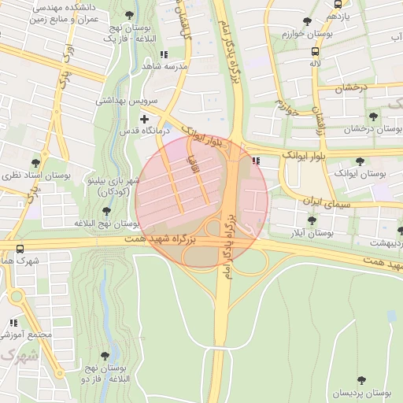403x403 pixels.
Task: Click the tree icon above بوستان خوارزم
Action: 307,21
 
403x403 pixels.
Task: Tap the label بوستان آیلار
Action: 309,233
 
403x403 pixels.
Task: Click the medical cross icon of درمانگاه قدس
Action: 144,118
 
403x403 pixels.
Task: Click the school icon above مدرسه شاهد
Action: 163,54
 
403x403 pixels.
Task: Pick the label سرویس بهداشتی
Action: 127,101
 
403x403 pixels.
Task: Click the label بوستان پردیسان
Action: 361,392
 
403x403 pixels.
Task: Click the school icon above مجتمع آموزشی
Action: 13,323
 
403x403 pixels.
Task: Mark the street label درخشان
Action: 354,89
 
